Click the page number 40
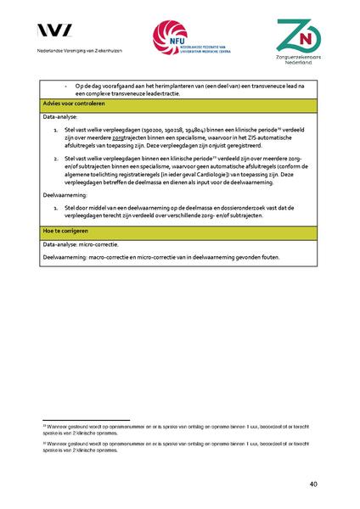313,484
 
